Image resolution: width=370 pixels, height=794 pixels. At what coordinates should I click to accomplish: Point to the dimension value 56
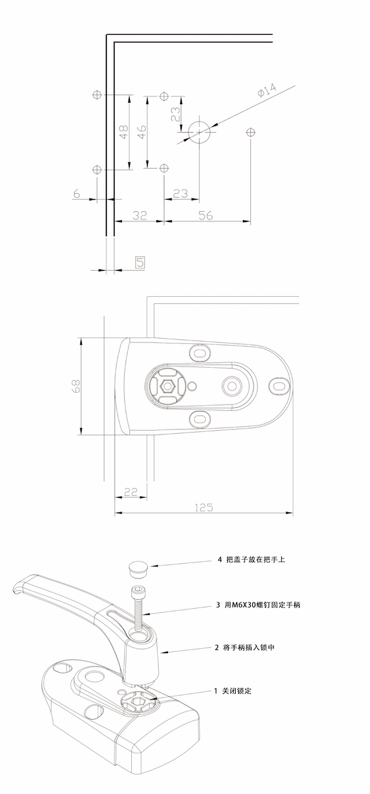[x=205, y=215]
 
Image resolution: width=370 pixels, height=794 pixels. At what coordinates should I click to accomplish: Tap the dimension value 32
[x=139, y=215]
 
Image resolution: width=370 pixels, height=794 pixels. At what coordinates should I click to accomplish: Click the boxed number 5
[x=140, y=263]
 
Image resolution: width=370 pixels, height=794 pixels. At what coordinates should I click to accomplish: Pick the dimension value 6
[x=77, y=193]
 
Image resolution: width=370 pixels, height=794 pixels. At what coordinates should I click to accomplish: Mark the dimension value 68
[x=76, y=386]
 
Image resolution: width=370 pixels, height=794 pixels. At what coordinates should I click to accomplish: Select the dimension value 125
[x=204, y=507]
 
